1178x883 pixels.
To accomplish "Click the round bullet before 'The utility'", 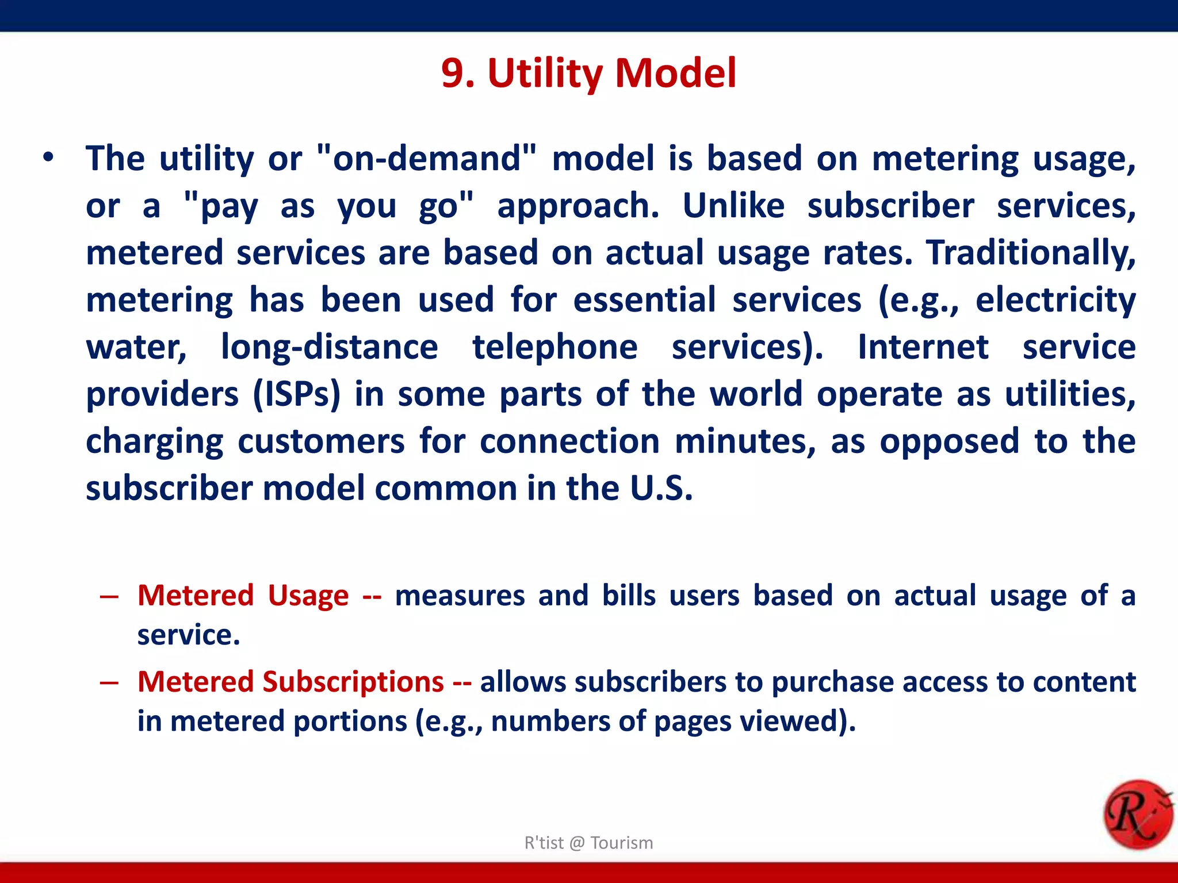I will [48, 158].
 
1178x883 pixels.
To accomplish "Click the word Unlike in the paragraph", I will [733, 206].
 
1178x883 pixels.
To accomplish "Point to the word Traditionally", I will [1031, 253].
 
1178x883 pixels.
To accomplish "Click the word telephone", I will [555, 347].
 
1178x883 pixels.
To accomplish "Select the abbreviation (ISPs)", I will [297, 394].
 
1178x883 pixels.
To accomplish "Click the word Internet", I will [923, 347].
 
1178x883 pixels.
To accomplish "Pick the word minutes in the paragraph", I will [745, 441].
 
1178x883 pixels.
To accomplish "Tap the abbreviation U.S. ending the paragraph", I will [661, 489].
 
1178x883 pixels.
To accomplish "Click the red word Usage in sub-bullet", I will [308, 596].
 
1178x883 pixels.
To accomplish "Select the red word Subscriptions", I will [353, 682].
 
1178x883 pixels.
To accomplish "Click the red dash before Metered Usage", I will [109, 597].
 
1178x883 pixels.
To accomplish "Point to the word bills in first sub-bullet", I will [629, 596].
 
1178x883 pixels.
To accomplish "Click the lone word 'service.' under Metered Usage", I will [189, 635].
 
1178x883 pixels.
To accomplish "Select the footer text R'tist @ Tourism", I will [588, 843].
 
